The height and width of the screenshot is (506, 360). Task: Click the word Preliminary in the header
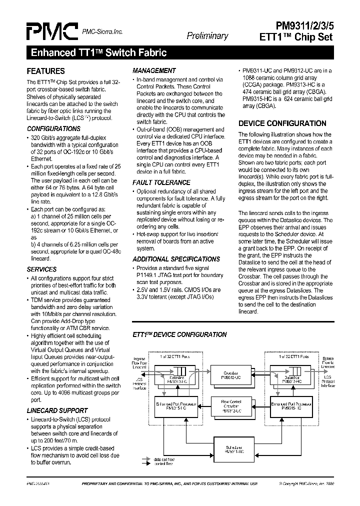click(207, 36)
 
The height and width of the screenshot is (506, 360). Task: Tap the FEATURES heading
click(45, 71)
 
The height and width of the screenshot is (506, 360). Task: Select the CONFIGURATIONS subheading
click(53, 128)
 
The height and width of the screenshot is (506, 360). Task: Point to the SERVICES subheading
click(41, 269)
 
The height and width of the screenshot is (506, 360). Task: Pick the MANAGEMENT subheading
click(154, 70)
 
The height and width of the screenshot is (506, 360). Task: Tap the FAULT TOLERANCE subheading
click(161, 182)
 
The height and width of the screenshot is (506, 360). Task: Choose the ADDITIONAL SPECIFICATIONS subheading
click(176, 259)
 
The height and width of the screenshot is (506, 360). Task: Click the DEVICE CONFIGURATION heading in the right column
click(282, 123)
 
